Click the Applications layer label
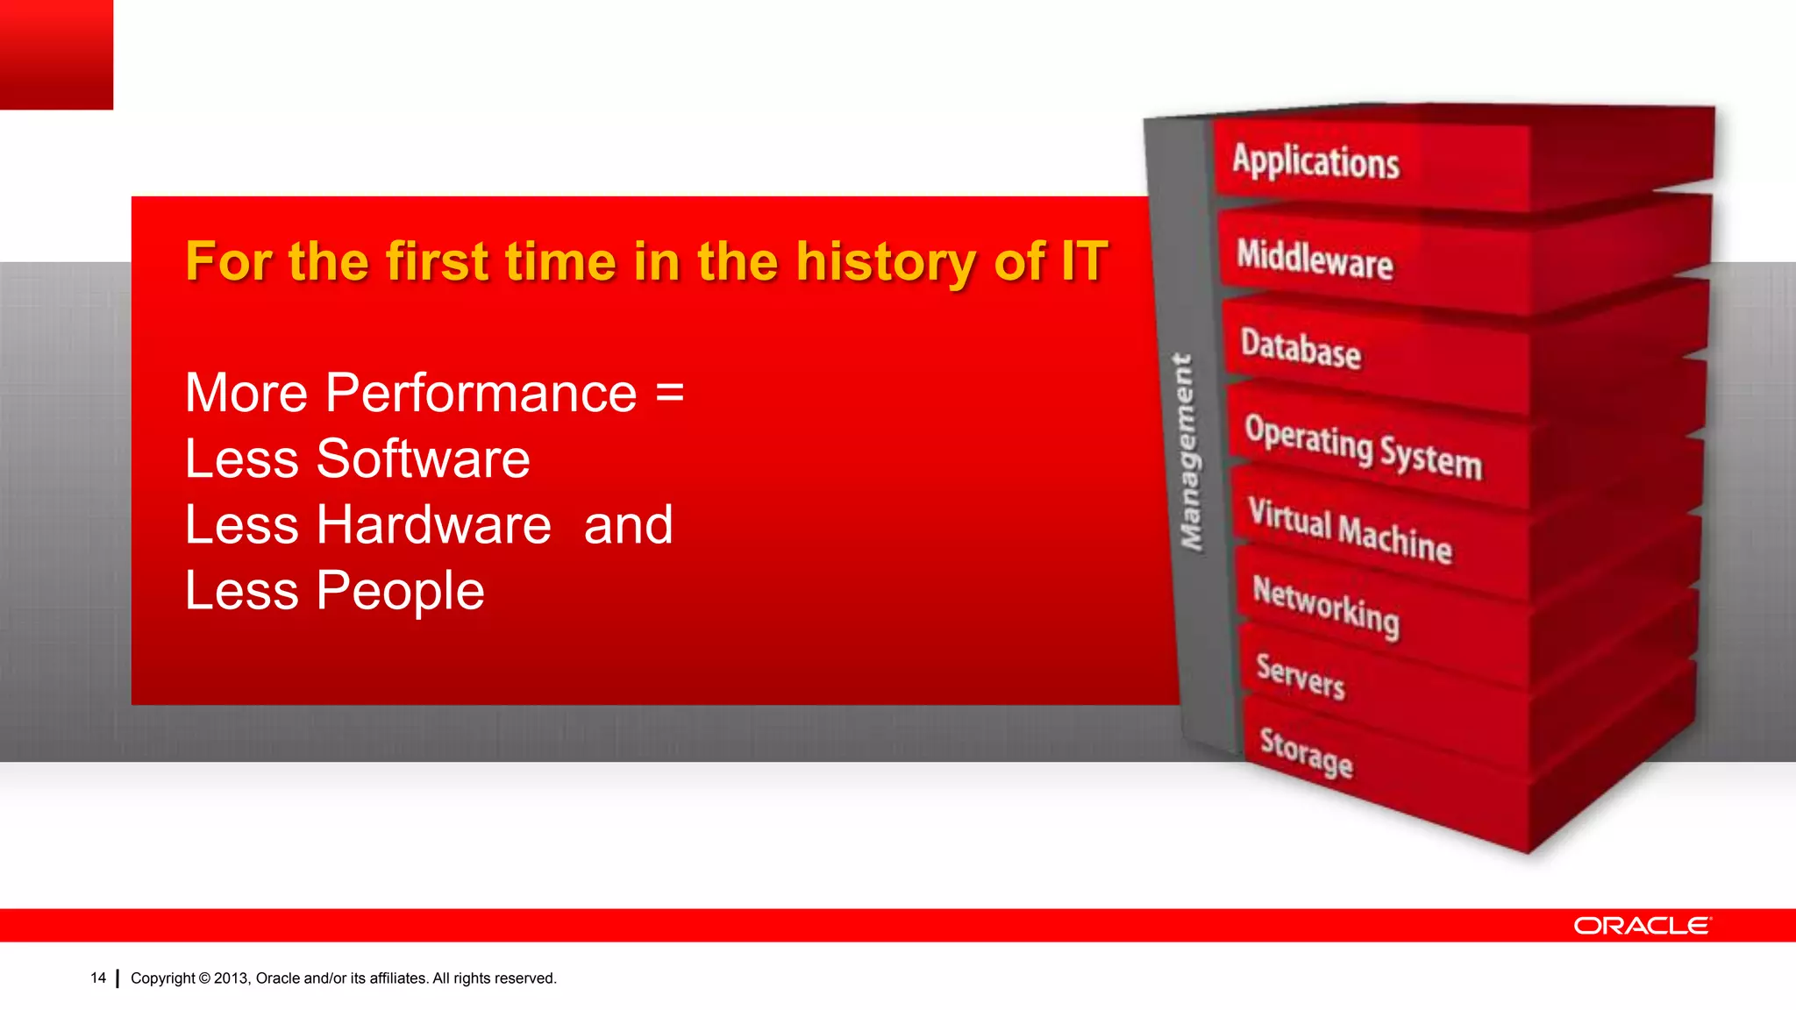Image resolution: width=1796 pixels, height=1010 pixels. [1315, 162]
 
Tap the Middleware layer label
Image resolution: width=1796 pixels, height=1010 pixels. [1315, 260]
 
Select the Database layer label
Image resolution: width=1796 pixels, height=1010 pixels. [1301, 349]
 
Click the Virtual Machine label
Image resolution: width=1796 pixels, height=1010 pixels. [1351, 530]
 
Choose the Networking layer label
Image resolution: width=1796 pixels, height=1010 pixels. [1326, 606]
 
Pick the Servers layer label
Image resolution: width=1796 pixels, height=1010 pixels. [1301, 677]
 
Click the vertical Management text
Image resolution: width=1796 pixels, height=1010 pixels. [1188, 452]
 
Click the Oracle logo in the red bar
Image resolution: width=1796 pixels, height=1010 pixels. [1642, 926]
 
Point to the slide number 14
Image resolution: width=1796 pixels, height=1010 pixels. [98, 978]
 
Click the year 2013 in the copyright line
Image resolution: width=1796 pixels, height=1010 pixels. [232, 978]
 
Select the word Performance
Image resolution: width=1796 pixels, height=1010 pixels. [481, 393]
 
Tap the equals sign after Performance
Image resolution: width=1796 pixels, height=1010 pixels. [670, 393]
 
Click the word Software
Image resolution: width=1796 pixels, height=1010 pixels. [423, 459]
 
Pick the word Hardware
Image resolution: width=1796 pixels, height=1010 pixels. [433, 524]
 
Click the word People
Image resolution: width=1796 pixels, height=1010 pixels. [400, 591]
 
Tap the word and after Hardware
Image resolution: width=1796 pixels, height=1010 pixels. [628, 524]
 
